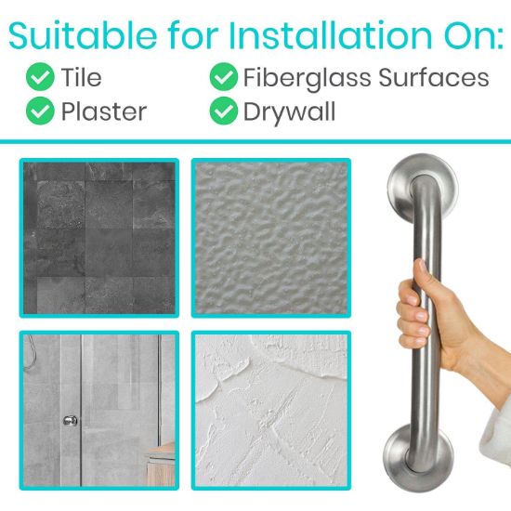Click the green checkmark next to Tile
point(40,77)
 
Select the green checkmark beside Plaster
point(40,111)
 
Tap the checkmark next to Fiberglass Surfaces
point(223,77)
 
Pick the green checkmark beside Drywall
point(223,111)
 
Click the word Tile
point(82,77)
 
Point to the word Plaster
point(104,111)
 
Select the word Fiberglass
point(305,77)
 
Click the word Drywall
point(288,111)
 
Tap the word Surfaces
point(432,77)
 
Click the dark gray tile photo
point(98,239)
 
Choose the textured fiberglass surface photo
point(271,239)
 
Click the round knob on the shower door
point(69,421)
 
